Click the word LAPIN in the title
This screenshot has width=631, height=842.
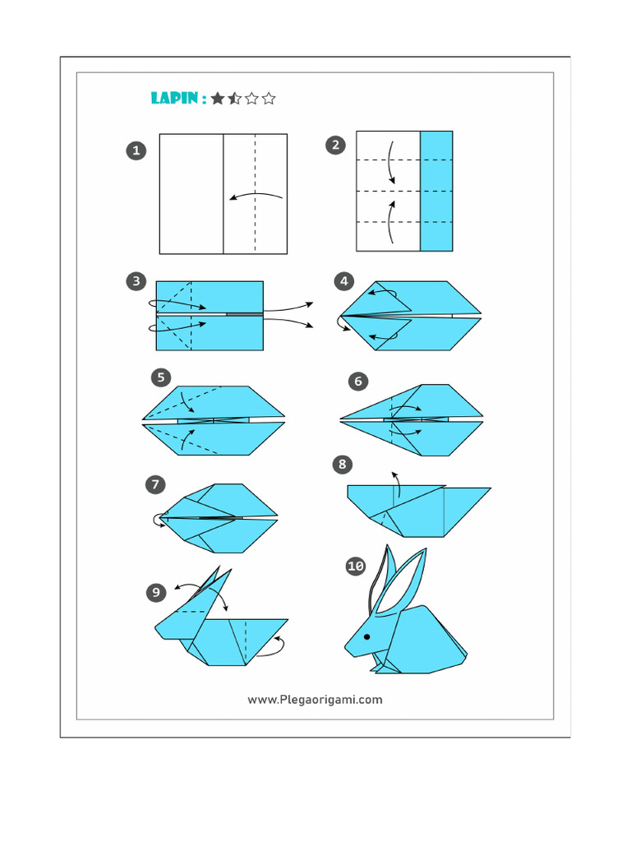174,99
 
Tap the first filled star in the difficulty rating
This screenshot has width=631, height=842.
217,99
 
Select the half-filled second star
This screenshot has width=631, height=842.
234,99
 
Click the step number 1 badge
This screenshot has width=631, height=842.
136,150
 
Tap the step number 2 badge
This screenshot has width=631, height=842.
335,146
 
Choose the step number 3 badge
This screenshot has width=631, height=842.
136,281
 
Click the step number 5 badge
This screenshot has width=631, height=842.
161,377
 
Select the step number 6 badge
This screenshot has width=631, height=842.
357,381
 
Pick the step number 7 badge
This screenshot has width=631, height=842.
155,485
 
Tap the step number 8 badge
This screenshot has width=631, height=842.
343,465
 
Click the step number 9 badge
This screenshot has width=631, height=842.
156,592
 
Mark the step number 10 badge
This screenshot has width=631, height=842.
355,566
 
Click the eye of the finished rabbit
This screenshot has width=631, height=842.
366,636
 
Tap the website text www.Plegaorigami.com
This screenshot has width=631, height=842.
315,700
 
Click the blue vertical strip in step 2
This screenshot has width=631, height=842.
436,191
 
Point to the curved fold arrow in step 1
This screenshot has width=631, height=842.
256,196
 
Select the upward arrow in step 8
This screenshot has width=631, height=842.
396,484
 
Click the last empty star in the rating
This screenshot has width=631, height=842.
269,99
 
